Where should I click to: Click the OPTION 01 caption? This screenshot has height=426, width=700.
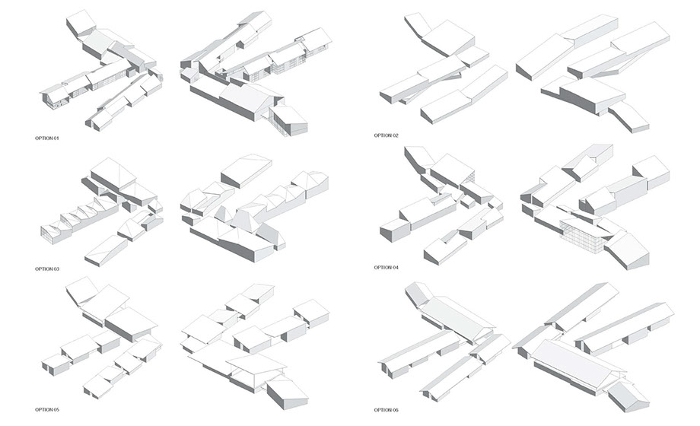(x=47, y=138)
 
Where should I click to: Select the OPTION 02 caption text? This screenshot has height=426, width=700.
(x=387, y=135)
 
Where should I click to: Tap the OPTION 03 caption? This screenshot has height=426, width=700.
(x=47, y=269)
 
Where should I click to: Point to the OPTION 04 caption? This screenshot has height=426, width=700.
(x=387, y=268)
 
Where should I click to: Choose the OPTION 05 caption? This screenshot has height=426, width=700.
(x=47, y=409)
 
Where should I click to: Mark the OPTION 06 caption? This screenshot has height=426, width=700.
(x=387, y=410)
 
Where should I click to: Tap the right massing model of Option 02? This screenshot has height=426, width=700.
(x=593, y=74)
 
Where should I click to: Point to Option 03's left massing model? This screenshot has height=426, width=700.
(x=102, y=212)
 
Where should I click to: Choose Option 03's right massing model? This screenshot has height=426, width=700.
(x=254, y=208)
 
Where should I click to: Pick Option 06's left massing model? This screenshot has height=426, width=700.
(x=444, y=342)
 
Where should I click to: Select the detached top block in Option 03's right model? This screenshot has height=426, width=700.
(x=247, y=171)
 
